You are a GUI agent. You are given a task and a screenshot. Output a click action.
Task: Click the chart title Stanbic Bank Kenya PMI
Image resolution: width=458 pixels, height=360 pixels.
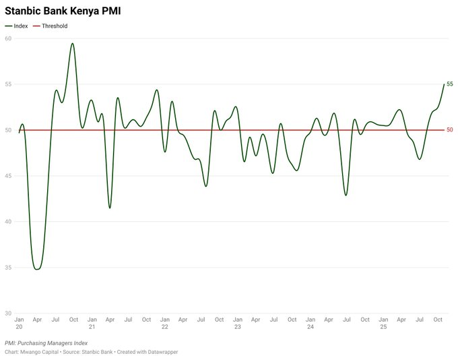point(58,11)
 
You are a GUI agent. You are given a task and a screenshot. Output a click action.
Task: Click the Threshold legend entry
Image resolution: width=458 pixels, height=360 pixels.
point(54,26)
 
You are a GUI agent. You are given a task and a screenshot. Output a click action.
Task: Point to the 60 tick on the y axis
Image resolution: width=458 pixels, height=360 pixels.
point(8,38)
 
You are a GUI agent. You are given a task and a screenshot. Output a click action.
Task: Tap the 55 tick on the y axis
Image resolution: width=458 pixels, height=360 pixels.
point(8,84)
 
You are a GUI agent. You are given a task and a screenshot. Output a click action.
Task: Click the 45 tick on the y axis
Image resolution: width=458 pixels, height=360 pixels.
point(8,176)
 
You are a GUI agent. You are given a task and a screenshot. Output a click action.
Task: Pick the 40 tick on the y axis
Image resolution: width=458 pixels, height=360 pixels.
point(8,222)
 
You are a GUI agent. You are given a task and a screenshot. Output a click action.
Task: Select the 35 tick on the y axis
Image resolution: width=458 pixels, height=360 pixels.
point(8,268)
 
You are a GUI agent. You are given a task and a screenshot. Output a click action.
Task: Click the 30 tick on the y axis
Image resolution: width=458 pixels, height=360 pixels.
point(8,313)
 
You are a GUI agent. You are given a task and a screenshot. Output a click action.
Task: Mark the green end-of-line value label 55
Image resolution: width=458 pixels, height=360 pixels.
point(450,84)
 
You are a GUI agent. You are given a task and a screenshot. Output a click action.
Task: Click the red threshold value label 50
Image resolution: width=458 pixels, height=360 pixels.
point(450,130)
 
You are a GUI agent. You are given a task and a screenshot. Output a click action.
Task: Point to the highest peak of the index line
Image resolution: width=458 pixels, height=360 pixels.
point(73,44)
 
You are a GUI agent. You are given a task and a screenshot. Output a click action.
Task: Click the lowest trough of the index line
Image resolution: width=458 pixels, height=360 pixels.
point(36,269)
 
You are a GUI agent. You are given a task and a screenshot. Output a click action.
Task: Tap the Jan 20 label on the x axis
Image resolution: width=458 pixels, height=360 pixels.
point(19,322)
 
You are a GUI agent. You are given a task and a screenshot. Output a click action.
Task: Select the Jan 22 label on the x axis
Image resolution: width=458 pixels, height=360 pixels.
point(164,322)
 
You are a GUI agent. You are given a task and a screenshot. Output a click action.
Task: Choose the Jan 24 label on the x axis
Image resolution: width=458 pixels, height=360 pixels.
point(310,322)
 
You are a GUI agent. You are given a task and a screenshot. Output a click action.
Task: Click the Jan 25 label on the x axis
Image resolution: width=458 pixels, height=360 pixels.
point(383,322)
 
